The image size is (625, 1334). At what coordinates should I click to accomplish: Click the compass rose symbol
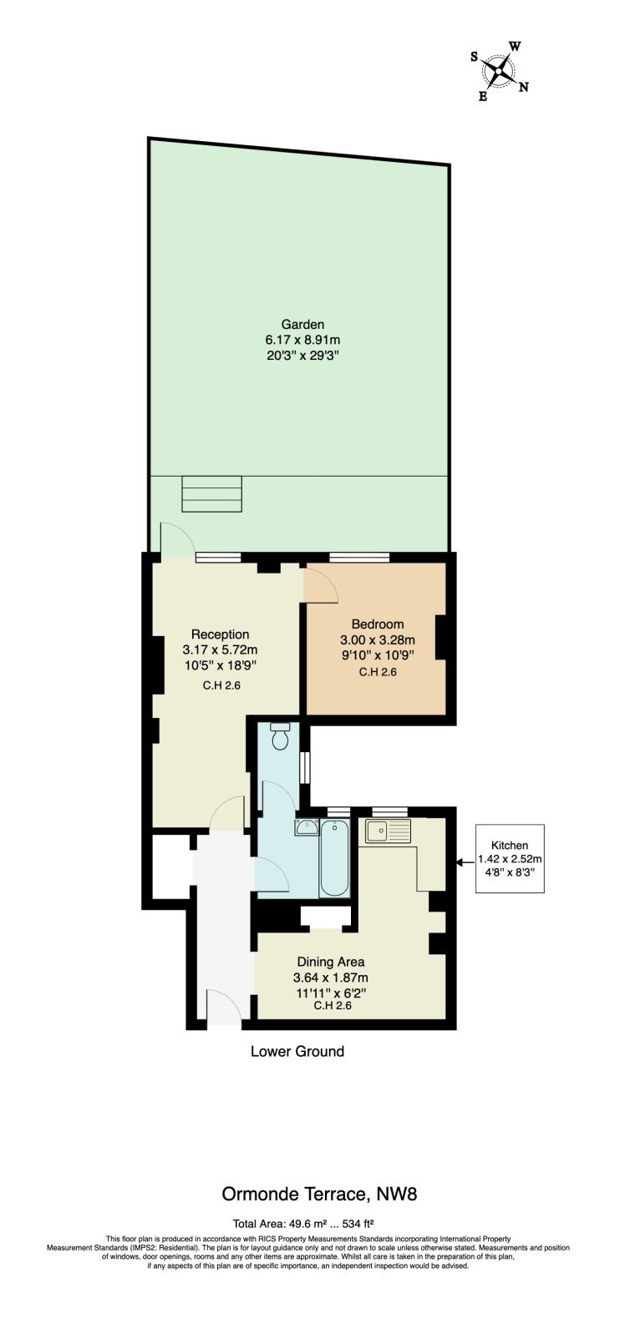(498, 72)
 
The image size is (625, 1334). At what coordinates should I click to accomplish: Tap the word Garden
(302, 324)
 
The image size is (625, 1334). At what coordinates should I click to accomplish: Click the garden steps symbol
(211, 493)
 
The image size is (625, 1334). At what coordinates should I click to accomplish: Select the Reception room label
(220, 634)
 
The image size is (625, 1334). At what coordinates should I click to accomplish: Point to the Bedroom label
(377, 624)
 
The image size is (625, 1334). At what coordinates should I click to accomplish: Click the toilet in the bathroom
(278, 736)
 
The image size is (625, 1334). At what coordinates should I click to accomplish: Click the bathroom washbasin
(307, 827)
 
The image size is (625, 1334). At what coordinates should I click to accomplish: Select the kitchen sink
(388, 831)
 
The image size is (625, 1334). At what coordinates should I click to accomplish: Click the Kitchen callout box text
(510, 859)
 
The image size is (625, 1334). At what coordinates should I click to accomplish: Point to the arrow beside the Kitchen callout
(465, 862)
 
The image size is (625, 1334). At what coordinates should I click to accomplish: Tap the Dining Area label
(331, 961)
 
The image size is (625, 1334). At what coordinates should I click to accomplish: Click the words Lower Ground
(297, 1051)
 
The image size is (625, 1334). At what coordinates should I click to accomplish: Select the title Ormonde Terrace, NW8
(319, 1194)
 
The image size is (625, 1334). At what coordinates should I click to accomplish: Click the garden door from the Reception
(177, 539)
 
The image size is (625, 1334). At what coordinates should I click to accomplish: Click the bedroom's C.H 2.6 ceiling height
(377, 672)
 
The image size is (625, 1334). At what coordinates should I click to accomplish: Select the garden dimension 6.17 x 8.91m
(302, 340)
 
